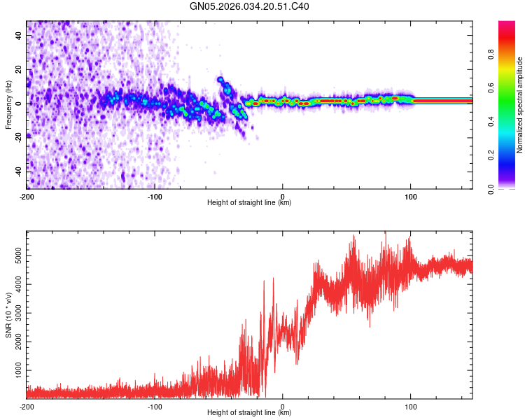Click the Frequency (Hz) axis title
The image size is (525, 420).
[8, 104]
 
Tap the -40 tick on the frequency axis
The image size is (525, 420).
[17, 171]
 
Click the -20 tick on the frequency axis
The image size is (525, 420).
[17, 137]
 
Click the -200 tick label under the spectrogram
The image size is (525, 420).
[27, 195]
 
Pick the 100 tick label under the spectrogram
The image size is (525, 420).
[411, 195]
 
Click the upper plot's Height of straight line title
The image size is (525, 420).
[249, 203]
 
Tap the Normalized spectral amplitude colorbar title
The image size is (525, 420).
[520, 105]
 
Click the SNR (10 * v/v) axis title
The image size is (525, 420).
[8, 314]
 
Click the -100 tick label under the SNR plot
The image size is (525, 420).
[155, 405]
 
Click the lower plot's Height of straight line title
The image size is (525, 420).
[249, 413]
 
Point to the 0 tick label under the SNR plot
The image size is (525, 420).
[283, 405]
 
